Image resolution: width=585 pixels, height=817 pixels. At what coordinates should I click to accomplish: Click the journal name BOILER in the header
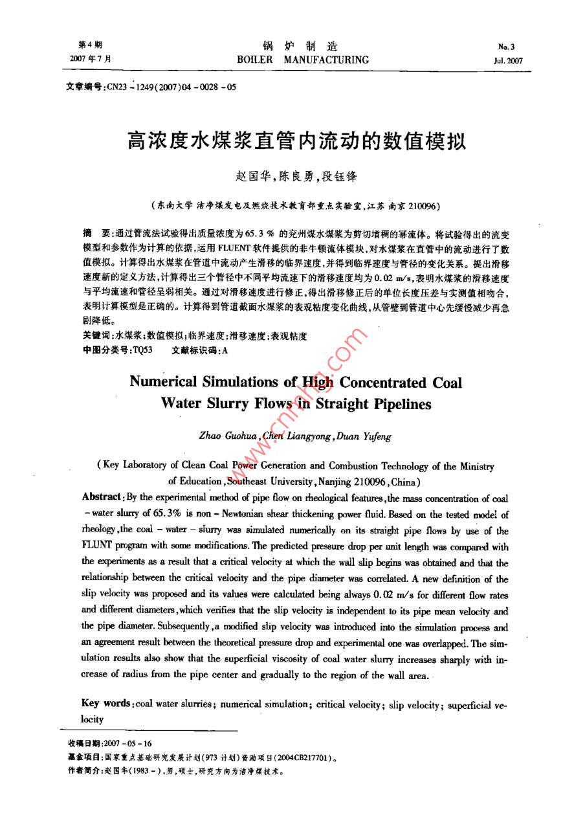tap(255, 60)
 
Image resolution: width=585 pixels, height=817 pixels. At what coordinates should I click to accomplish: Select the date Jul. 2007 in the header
tap(507, 61)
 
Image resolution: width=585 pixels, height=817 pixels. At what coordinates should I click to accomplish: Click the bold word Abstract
tap(102, 497)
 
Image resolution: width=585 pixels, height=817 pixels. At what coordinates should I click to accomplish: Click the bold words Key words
tap(107, 703)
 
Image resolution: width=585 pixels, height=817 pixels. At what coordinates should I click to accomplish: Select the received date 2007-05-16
tap(127, 743)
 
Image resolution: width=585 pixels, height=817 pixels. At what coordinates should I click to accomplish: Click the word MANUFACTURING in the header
tap(329, 60)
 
